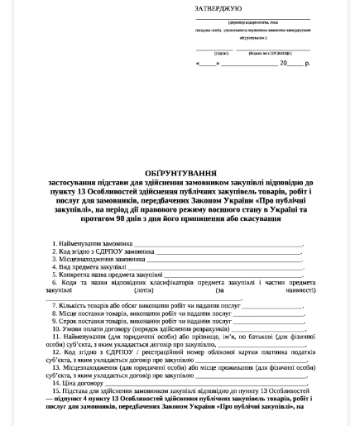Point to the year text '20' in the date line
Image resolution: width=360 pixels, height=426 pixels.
[x=284, y=63]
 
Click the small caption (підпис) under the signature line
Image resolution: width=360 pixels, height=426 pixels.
[x=220, y=52]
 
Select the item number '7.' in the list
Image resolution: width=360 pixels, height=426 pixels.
[x=55, y=306]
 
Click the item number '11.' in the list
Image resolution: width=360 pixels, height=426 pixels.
[x=55, y=337]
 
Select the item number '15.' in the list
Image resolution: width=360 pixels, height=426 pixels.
[x=55, y=390]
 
